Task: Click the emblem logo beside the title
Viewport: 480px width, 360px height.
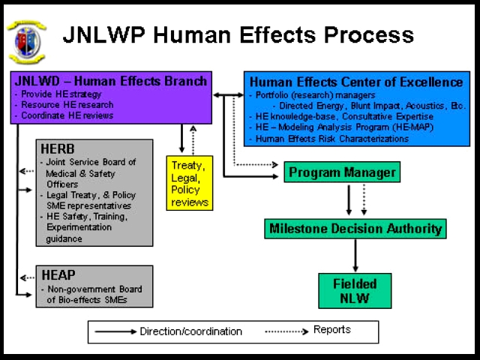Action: [26, 40]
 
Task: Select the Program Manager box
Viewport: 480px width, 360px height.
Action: [342, 172]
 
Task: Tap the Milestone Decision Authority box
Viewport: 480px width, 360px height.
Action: [355, 228]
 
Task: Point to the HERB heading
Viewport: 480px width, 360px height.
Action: [58, 148]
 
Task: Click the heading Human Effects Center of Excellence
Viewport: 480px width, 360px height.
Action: [355, 82]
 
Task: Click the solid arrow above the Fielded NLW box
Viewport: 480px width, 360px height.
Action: [355, 256]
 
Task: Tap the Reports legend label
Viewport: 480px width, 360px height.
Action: [332, 330]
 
